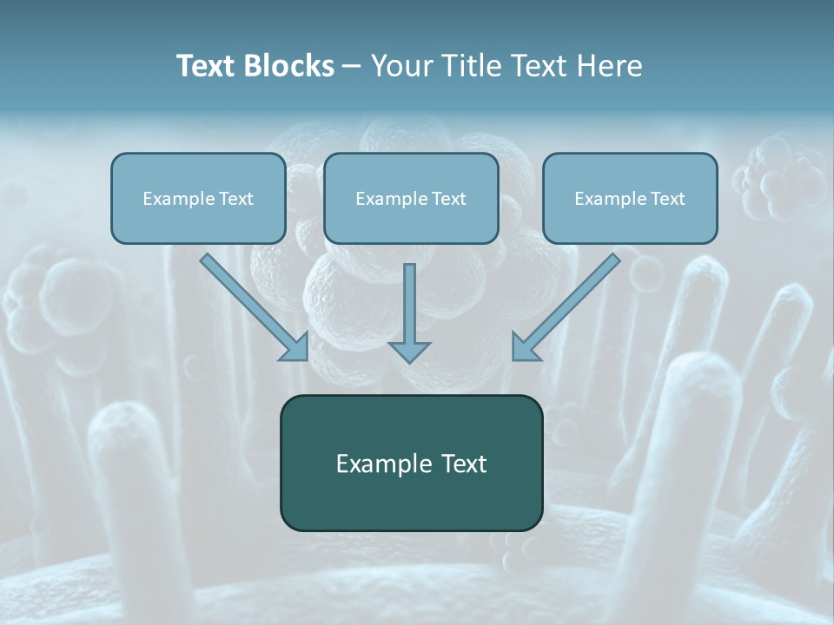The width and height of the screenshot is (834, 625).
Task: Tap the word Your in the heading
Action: [401, 66]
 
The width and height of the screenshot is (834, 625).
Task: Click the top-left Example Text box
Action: [198, 198]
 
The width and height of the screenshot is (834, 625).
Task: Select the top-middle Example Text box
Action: [411, 198]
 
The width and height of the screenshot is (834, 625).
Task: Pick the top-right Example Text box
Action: [630, 198]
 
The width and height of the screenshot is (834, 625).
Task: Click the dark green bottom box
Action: [411, 463]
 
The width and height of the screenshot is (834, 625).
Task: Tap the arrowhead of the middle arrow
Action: [409, 351]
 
